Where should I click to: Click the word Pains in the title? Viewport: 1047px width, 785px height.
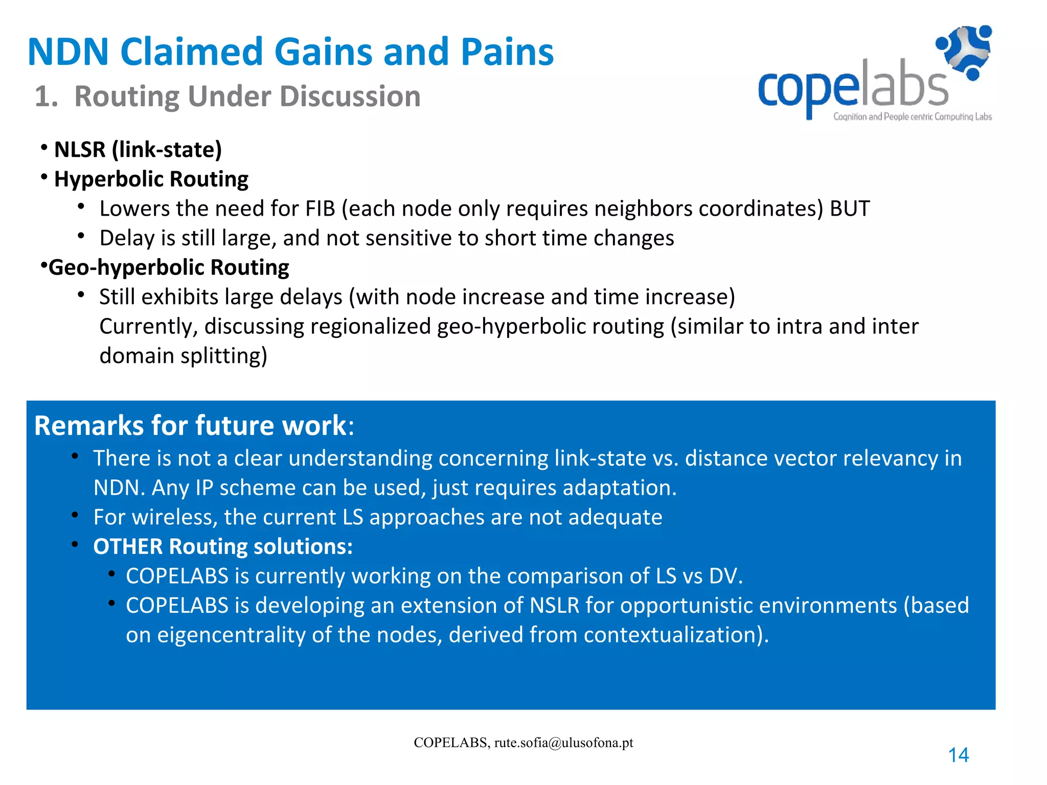click(x=507, y=52)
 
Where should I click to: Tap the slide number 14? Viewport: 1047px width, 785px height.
click(x=958, y=755)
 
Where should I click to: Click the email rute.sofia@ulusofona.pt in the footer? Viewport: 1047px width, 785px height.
click(x=563, y=743)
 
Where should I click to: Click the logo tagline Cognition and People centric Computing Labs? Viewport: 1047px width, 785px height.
click(x=912, y=117)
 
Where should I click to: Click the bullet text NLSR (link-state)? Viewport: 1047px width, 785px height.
click(x=138, y=150)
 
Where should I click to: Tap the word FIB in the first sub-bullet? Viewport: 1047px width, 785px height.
click(x=320, y=209)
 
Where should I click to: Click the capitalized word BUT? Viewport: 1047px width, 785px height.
click(x=849, y=209)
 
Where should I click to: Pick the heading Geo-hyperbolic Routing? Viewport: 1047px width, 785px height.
click(x=169, y=268)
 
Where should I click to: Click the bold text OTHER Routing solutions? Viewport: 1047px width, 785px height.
click(x=223, y=547)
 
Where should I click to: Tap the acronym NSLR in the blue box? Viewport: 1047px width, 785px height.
click(x=554, y=606)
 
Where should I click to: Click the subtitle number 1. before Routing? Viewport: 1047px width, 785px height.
click(x=46, y=97)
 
